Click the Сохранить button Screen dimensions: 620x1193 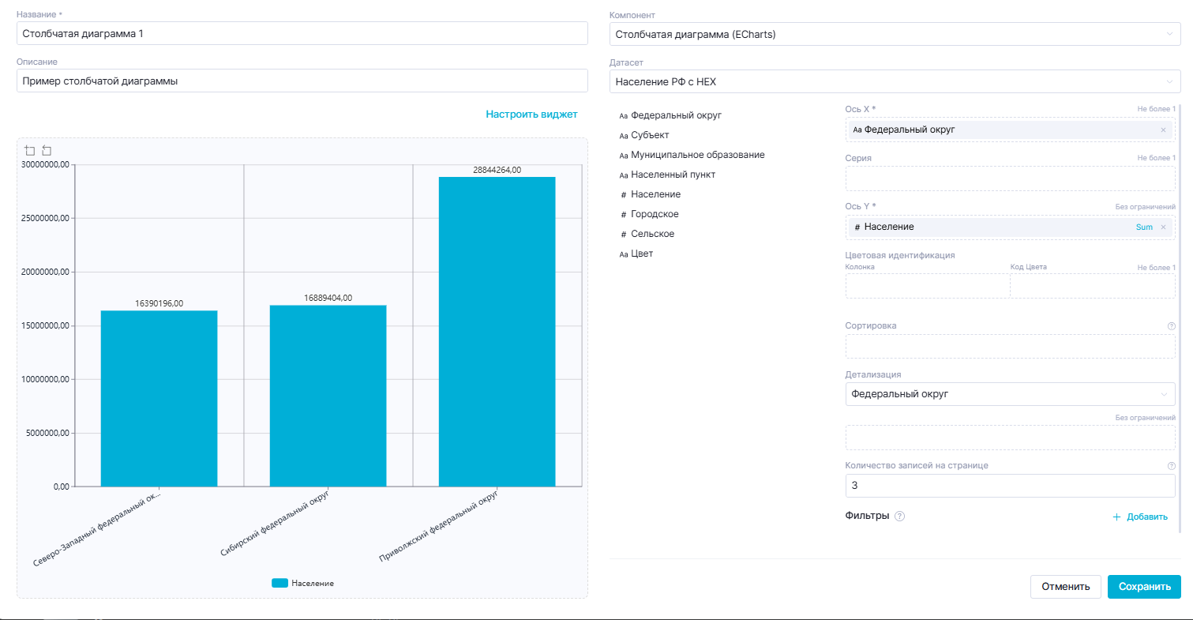(x=1144, y=587)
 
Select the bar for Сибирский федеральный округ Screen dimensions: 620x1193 (x=328, y=395)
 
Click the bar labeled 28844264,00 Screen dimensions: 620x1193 (x=497, y=332)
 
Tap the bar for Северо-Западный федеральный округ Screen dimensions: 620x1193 (x=159, y=398)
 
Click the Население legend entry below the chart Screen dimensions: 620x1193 (x=303, y=583)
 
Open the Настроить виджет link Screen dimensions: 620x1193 (x=531, y=115)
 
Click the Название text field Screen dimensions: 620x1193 (x=302, y=33)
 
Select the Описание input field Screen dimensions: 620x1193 (x=302, y=81)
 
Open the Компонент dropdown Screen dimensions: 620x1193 (x=895, y=34)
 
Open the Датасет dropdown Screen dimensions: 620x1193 (x=895, y=81)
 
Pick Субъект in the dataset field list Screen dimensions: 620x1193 (x=650, y=135)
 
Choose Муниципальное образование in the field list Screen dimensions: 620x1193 (x=697, y=155)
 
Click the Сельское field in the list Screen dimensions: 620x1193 (x=652, y=234)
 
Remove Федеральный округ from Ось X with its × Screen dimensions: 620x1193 (x=1163, y=130)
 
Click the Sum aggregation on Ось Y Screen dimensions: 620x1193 (x=1144, y=227)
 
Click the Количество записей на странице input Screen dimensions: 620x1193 (x=1009, y=486)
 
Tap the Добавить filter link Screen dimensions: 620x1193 (x=1139, y=517)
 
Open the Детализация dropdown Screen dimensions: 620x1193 (x=1009, y=394)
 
